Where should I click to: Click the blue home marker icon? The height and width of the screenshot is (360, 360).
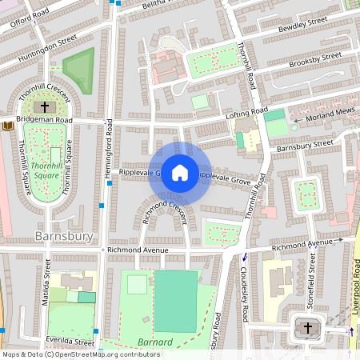[180, 173]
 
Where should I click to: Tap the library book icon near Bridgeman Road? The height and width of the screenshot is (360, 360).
[8, 126]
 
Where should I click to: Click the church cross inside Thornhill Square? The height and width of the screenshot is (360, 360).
[45, 106]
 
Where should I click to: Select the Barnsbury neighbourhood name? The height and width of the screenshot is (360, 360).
[65, 237]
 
